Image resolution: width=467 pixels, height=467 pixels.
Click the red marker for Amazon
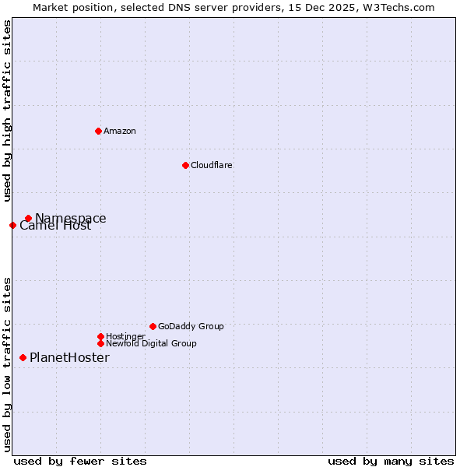coord(98,131)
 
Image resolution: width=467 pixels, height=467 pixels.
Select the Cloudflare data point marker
coord(185,165)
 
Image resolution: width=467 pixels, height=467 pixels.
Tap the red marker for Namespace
coord(28,218)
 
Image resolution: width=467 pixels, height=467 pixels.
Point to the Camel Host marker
coord(12,225)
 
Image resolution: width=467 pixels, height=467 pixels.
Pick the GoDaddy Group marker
coord(153,326)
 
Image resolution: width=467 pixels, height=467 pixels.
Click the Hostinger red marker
coord(100,336)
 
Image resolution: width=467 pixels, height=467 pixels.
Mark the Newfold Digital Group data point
coord(100,343)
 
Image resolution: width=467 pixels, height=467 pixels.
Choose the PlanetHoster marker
coord(23,357)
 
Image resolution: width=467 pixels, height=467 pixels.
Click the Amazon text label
coord(120,131)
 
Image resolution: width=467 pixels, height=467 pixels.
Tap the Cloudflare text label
coord(212,165)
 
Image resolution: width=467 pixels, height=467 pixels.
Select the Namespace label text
coord(71,218)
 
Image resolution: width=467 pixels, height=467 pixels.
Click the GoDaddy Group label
coord(191,326)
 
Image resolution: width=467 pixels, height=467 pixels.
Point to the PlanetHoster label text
coord(69,357)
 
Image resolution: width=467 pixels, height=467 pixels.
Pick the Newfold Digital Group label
coord(151,343)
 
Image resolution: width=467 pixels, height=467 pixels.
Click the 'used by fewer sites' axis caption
coord(80,462)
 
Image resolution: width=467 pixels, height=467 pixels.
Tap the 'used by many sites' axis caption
coord(391,462)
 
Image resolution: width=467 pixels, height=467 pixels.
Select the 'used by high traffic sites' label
coord(7,111)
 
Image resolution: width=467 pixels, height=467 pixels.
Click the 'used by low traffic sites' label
coord(7,363)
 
